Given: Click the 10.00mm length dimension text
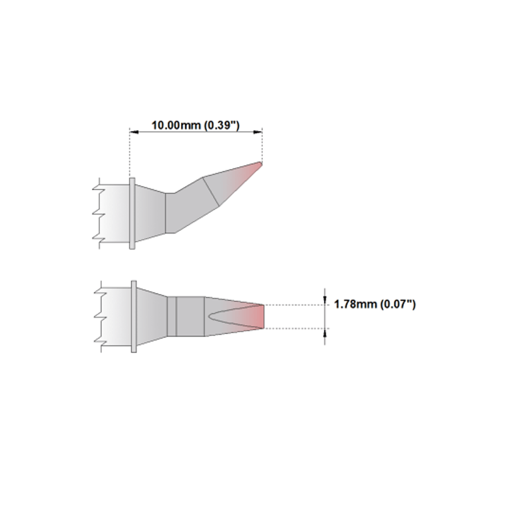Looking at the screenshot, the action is click(x=196, y=125).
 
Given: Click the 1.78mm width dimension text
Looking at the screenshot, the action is click(x=375, y=304).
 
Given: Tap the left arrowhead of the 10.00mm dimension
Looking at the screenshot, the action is click(x=134, y=132).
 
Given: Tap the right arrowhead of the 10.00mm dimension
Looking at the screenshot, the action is click(x=258, y=132).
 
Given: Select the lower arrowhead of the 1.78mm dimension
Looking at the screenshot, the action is click(x=324, y=333).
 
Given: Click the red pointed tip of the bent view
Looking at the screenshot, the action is click(x=258, y=166).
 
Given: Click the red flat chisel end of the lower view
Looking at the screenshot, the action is click(x=259, y=317).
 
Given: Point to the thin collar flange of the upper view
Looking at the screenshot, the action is click(x=132, y=213).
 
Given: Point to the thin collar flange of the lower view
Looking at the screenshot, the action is click(x=134, y=316).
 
